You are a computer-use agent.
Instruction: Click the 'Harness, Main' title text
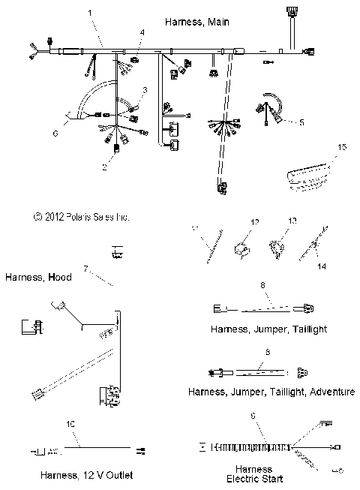coord(196,23)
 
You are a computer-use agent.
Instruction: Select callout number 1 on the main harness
coord(91,13)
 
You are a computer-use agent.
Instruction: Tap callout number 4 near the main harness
coord(142,32)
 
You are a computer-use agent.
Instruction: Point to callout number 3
coord(145,90)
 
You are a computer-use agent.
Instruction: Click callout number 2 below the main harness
coord(104,167)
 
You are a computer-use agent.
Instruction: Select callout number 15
coord(343,149)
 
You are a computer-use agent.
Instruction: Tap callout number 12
coord(254,222)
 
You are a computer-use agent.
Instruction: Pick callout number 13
coord(293,221)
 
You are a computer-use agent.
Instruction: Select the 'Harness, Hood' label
coord(38,277)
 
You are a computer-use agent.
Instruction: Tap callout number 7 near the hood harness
coord(86,267)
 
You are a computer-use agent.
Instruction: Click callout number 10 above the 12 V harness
coord(71,424)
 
